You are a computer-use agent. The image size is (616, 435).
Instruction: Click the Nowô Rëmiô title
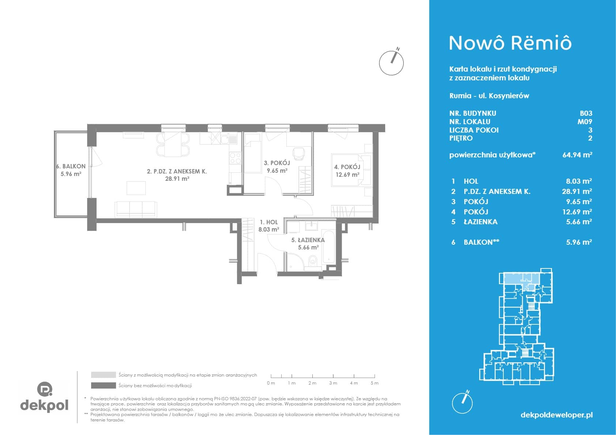[x=510, y=43]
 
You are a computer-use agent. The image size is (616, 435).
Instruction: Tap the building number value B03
[x=586, y=113]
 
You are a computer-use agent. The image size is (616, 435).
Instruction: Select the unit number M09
[x=585, y=122]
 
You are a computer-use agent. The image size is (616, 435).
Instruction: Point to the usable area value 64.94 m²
[x=577, y=154]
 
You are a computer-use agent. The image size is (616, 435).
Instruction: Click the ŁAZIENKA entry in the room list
[x=480, y=222]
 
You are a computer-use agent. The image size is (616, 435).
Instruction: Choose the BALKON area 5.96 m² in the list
[x=579, y=242]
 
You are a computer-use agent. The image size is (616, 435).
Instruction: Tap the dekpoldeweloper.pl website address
[x=557, y=415]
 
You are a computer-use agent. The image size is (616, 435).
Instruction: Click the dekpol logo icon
[x=45, y=389]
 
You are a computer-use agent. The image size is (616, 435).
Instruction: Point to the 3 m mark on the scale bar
[x=333, y=376]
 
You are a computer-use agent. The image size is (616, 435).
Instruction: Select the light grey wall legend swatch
[x=104, y=375]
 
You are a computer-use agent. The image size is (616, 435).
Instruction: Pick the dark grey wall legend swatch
[x=104, y=386]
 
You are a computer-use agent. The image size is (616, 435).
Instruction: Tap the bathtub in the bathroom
[x=328, y=247]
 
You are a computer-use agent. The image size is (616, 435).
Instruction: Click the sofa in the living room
[x=136, y=210]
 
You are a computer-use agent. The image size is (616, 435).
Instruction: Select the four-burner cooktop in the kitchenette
[x=235, y=159]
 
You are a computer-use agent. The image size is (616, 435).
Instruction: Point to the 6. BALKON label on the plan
[x=71, y=166]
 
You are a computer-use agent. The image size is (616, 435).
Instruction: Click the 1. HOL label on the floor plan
[x=269, y=222]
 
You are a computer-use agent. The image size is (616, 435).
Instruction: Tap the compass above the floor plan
[x=391, y=62]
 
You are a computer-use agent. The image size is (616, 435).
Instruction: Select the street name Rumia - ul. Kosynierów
[x=489, y=96]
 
